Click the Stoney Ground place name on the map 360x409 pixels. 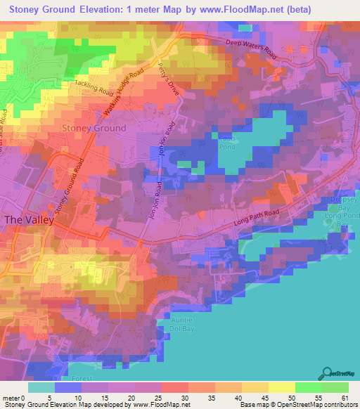tap(94, 128)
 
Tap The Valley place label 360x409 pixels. tap(25, 220)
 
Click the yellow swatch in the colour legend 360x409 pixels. tap(281, 387)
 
